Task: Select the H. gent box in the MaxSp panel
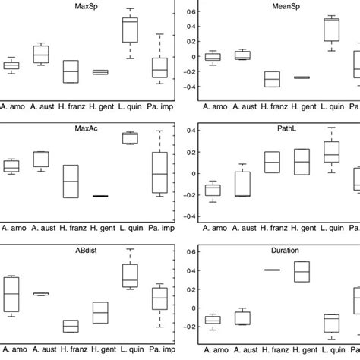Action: tap(100, 72)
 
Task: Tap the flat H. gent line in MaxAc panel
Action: tap(100, 196)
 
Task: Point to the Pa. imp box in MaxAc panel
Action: tap(159, 173)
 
